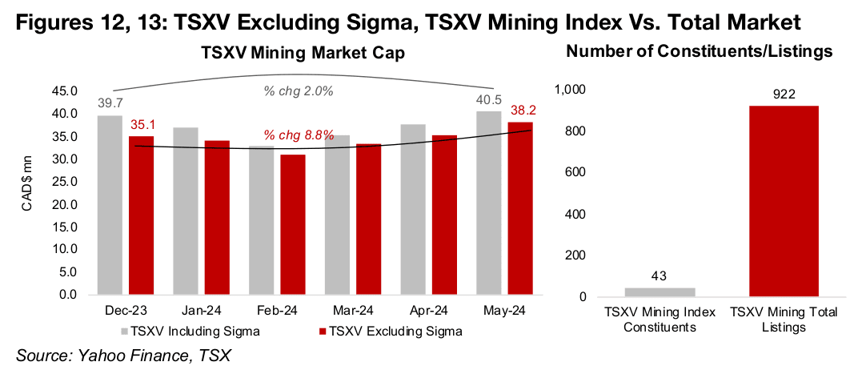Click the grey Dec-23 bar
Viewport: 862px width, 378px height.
[110, 205]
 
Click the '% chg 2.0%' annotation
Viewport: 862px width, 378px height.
[299, 90]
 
